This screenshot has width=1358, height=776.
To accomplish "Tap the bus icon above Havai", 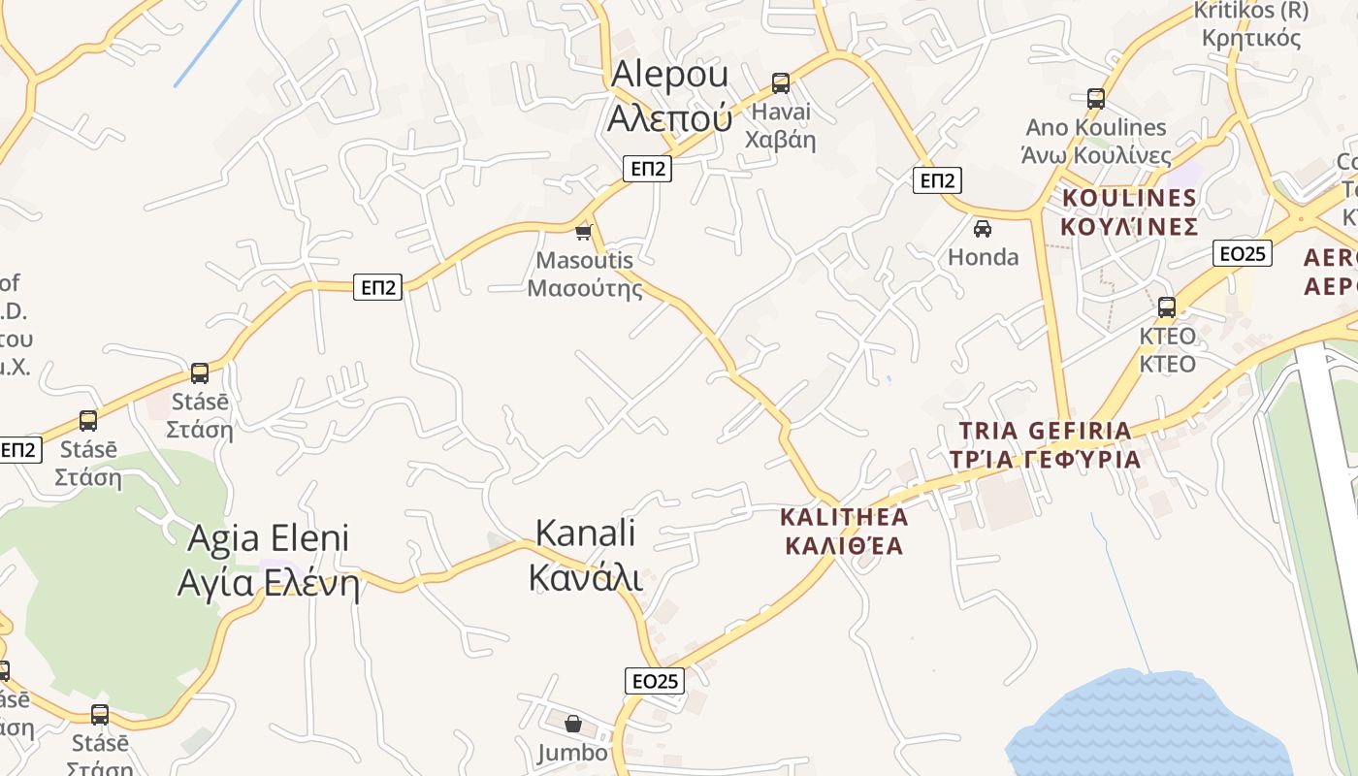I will (781, 82).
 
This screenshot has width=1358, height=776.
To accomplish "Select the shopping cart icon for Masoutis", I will (583, 232).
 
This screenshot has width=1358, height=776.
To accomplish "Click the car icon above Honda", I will (983, 228).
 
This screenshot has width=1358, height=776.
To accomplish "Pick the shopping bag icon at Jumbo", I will (573, 724).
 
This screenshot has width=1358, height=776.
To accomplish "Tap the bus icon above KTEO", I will (1167, 307).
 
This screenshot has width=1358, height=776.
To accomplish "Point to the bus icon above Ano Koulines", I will (1096, 98).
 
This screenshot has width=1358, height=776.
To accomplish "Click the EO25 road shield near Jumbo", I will (655, 681).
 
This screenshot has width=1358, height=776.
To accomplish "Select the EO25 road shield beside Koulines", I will (1243, 253).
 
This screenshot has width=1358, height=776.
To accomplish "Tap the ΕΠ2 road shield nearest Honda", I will (937, 180).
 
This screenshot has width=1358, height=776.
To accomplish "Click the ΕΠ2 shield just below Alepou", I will (648, 169).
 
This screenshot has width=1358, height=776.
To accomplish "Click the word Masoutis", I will (584, 260).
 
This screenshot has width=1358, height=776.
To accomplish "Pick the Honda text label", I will (983, 257).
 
